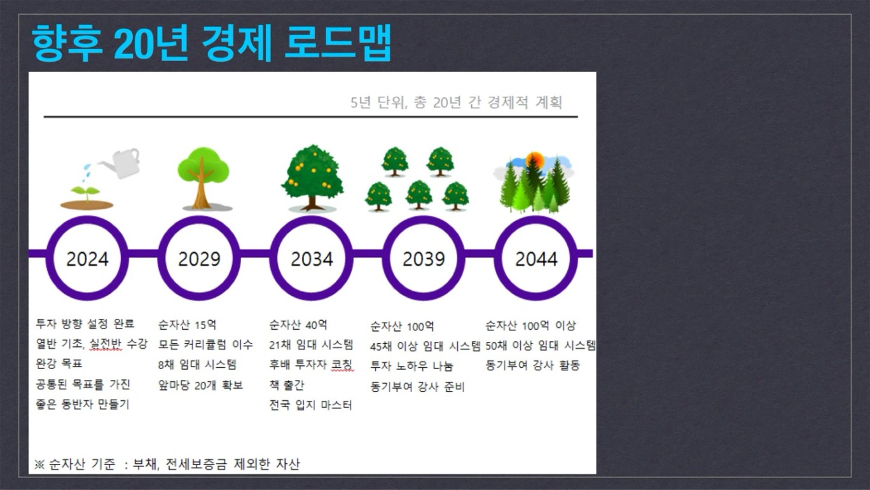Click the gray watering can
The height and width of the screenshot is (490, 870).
point(122,163)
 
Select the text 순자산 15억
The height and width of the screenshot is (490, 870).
point(187,325)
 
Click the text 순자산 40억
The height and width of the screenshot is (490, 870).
point(298,325)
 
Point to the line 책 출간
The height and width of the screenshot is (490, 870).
point(287,385)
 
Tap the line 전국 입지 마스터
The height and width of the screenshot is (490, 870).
point(311,405)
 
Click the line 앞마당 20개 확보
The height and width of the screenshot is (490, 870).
point(200,385)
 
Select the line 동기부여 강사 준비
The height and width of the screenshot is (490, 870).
point(417,387)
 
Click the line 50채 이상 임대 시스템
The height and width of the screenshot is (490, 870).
point(541,346)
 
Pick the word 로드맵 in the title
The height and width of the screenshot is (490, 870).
point(338,43)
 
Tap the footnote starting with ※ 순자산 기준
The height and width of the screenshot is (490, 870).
point(167,464)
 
